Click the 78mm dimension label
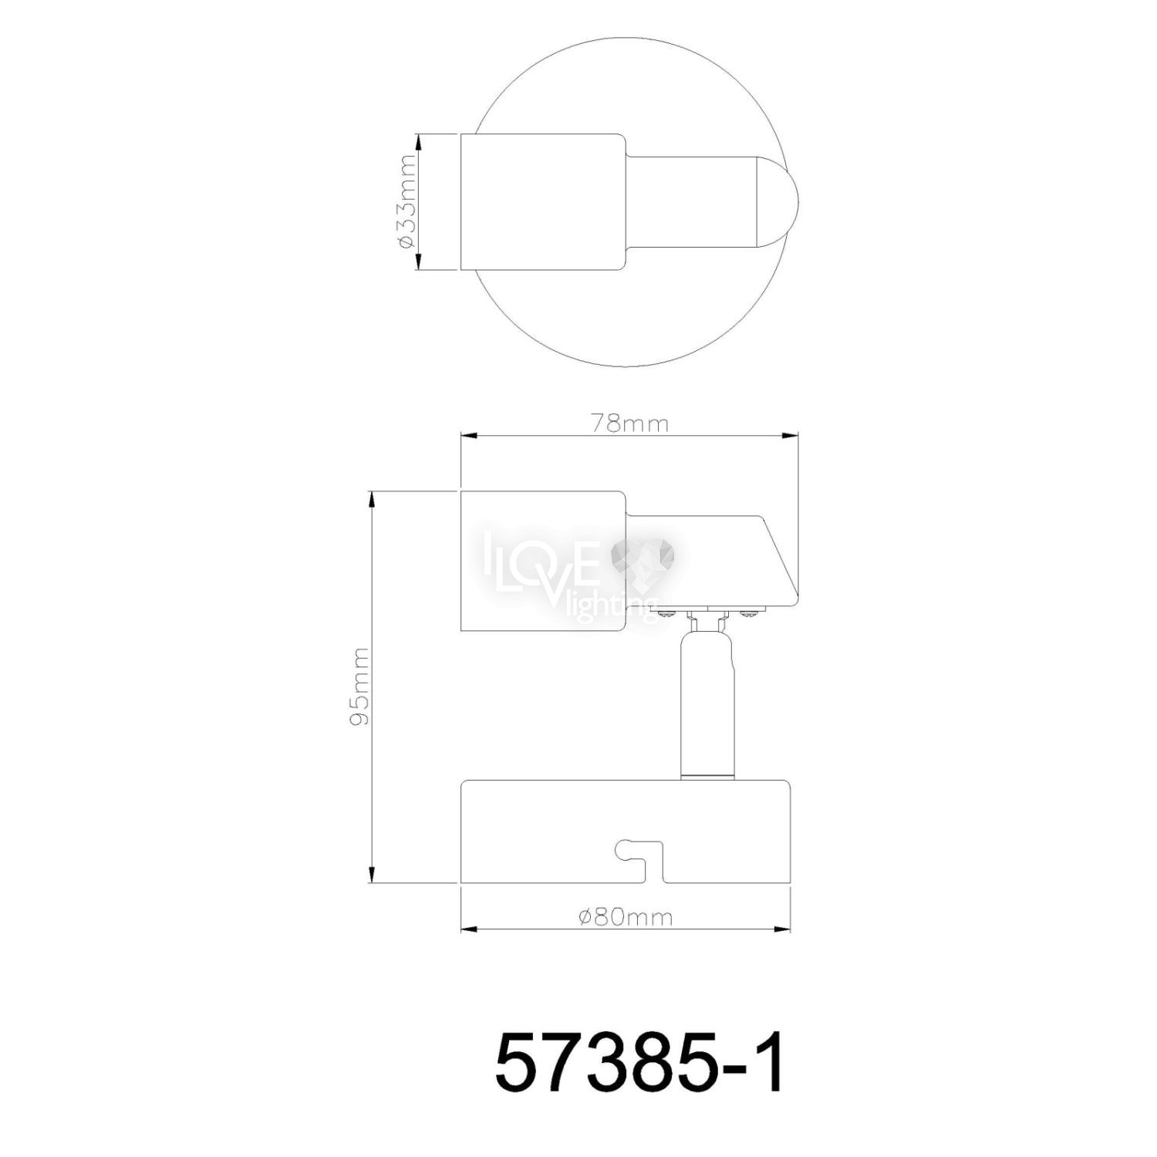629,423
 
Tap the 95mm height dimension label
359,686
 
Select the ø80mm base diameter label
626,917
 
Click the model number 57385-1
639,1064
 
